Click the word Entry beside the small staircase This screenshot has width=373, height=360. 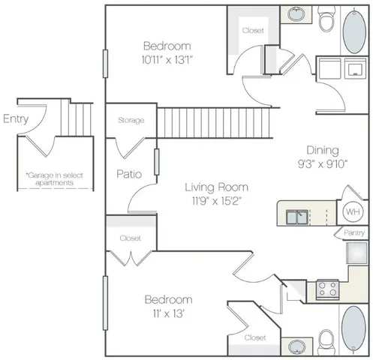[17, 118]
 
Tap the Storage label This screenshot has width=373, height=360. [131, 120]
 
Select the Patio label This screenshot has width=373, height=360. [130, 174]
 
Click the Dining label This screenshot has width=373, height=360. [322, 149]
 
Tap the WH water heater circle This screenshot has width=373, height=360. [353, 211]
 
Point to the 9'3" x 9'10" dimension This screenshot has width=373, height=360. [322, 165]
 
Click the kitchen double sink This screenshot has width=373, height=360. [299, 217]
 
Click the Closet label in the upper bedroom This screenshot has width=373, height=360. [252, 31]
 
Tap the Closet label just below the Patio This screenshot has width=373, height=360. [131, 238]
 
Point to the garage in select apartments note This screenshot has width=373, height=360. [54, 178]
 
